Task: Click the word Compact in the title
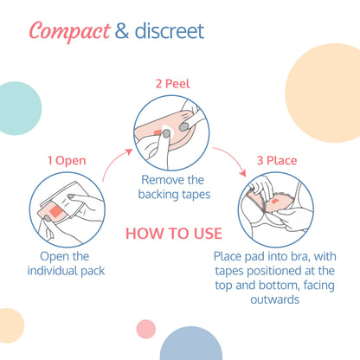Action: [69, 31]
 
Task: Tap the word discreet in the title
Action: [170, 31]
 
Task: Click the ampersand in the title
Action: [122, 31]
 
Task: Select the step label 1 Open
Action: [67, 161]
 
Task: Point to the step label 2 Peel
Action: [173, 84]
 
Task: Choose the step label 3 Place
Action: [277, 161]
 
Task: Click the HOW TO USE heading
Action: [174, 234]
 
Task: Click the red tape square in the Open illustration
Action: [57, 211]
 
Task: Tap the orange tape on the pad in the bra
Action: [274, 201]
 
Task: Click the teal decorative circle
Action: [19, 108]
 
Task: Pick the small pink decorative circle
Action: [146, 329]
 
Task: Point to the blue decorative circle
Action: [191, 344]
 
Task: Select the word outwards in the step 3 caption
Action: [274, 299]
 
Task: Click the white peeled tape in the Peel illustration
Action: [167, 129]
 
